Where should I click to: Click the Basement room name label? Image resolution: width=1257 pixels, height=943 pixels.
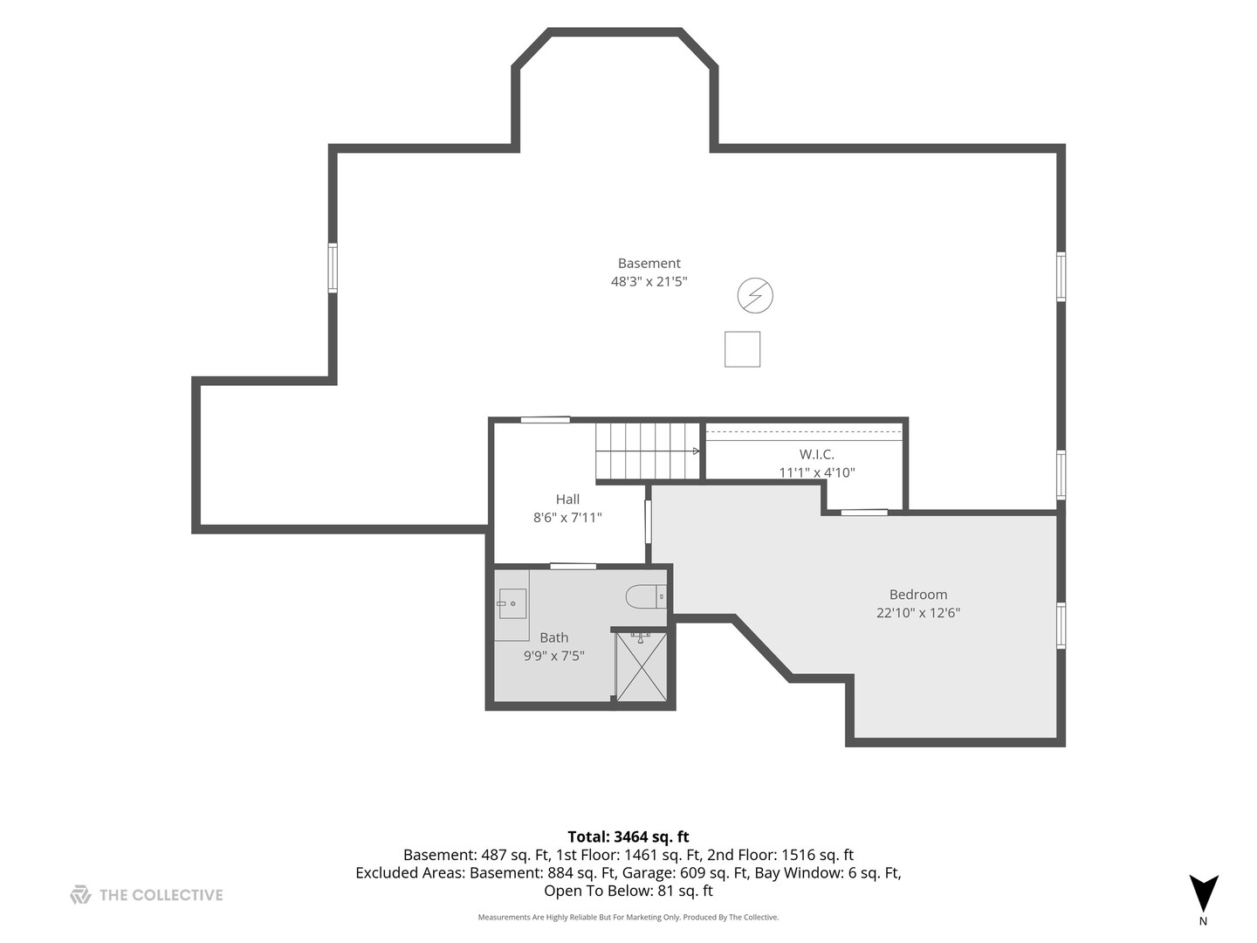click(x=649, y=264)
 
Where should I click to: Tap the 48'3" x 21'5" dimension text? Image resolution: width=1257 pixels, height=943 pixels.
click(x=649, y=282)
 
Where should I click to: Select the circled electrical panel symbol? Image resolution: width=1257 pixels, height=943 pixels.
click(x=755, y=295)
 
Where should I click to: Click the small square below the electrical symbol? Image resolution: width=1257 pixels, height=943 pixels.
click(x=742, y=349)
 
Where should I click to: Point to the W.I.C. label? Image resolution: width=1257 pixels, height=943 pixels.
click(x=817, y=455)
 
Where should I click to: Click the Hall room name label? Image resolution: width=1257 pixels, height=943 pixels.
click(x=567, y=499)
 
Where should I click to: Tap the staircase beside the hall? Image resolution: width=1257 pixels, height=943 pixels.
click(x=648, y=451)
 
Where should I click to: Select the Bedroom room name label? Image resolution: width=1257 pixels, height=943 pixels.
click(x=918, y=595)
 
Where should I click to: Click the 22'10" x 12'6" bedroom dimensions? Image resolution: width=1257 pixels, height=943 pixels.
click(x=918, y=613)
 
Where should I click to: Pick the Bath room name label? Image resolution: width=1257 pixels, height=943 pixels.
click(x=553, y=637)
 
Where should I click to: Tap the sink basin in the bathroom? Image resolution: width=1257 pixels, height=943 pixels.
click(x=512, y=603)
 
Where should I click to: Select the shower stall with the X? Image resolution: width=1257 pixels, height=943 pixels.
click(x=641, y=667)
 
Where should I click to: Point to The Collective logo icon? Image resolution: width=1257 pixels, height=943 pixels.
click(x=81, y=894)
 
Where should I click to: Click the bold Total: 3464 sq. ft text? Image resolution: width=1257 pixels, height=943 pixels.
click(x=628, y=837)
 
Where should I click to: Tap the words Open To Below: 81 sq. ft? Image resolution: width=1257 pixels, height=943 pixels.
click(x=628, y=891)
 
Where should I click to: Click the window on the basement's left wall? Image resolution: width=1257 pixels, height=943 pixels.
click(x=333, y=268)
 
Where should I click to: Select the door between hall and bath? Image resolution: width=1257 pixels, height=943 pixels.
click(x=574, y=567)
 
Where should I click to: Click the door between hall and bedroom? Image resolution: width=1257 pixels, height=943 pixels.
click(x=649, y=521)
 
